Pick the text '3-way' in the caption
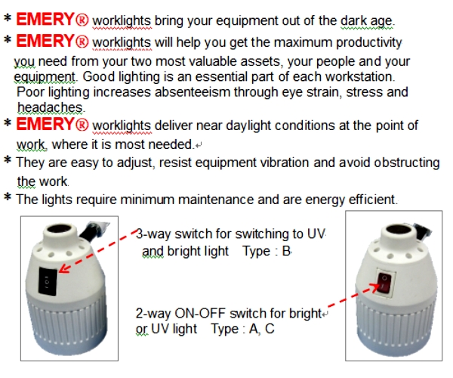pos(153,234)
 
